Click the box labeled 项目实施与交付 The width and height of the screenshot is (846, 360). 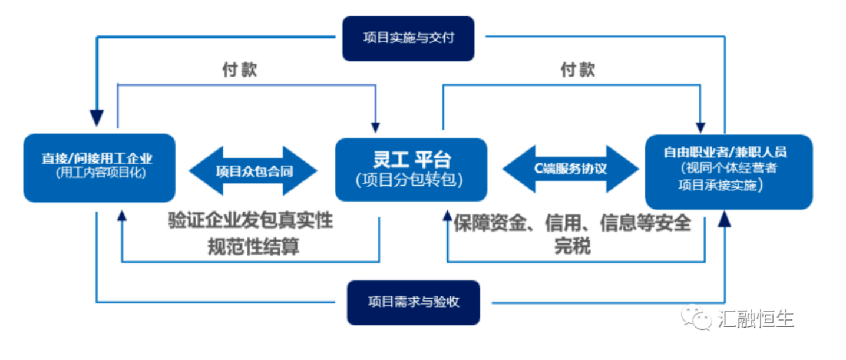point(408,38)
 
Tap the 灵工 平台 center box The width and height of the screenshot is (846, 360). point(411,169)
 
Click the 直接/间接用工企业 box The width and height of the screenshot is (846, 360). point(99,167)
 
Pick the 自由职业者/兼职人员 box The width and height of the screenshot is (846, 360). point(729,171)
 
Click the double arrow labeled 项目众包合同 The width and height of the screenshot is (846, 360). point(253,171)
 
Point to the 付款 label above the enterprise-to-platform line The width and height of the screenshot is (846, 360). point(239,70)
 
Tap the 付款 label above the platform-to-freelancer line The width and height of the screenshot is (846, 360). point(577,70)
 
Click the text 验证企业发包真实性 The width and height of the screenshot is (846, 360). point(250,221)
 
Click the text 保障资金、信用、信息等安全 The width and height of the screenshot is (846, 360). point(571,223)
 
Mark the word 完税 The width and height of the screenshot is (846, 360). point(572,246)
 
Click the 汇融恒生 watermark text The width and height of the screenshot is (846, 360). point(756,319)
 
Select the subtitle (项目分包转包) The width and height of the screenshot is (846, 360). point(410,180)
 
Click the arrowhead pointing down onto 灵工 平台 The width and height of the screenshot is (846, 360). point(376,127)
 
